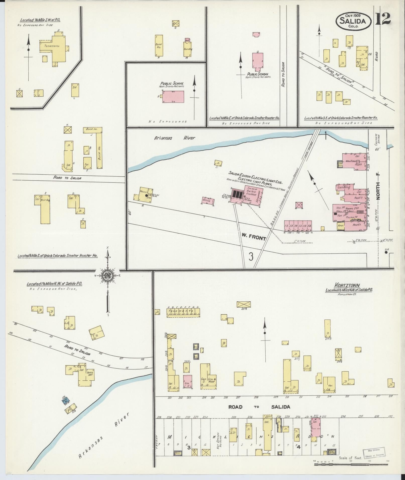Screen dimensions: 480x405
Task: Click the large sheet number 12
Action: (x=383, y=19)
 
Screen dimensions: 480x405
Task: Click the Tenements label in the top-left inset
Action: (x=52, y=46)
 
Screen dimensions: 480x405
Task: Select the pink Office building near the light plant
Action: (x=208, y=201)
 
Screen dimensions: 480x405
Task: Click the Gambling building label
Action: (x=343, y=187)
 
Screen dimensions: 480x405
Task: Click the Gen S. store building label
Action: (x=203, y=380)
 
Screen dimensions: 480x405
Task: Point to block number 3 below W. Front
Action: (x=251, y=256)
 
